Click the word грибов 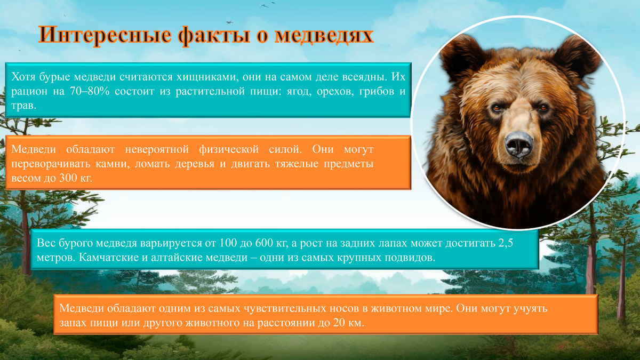pyautogui.click(x=365, y=92)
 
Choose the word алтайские pyautogui.click(x=172, y=258)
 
